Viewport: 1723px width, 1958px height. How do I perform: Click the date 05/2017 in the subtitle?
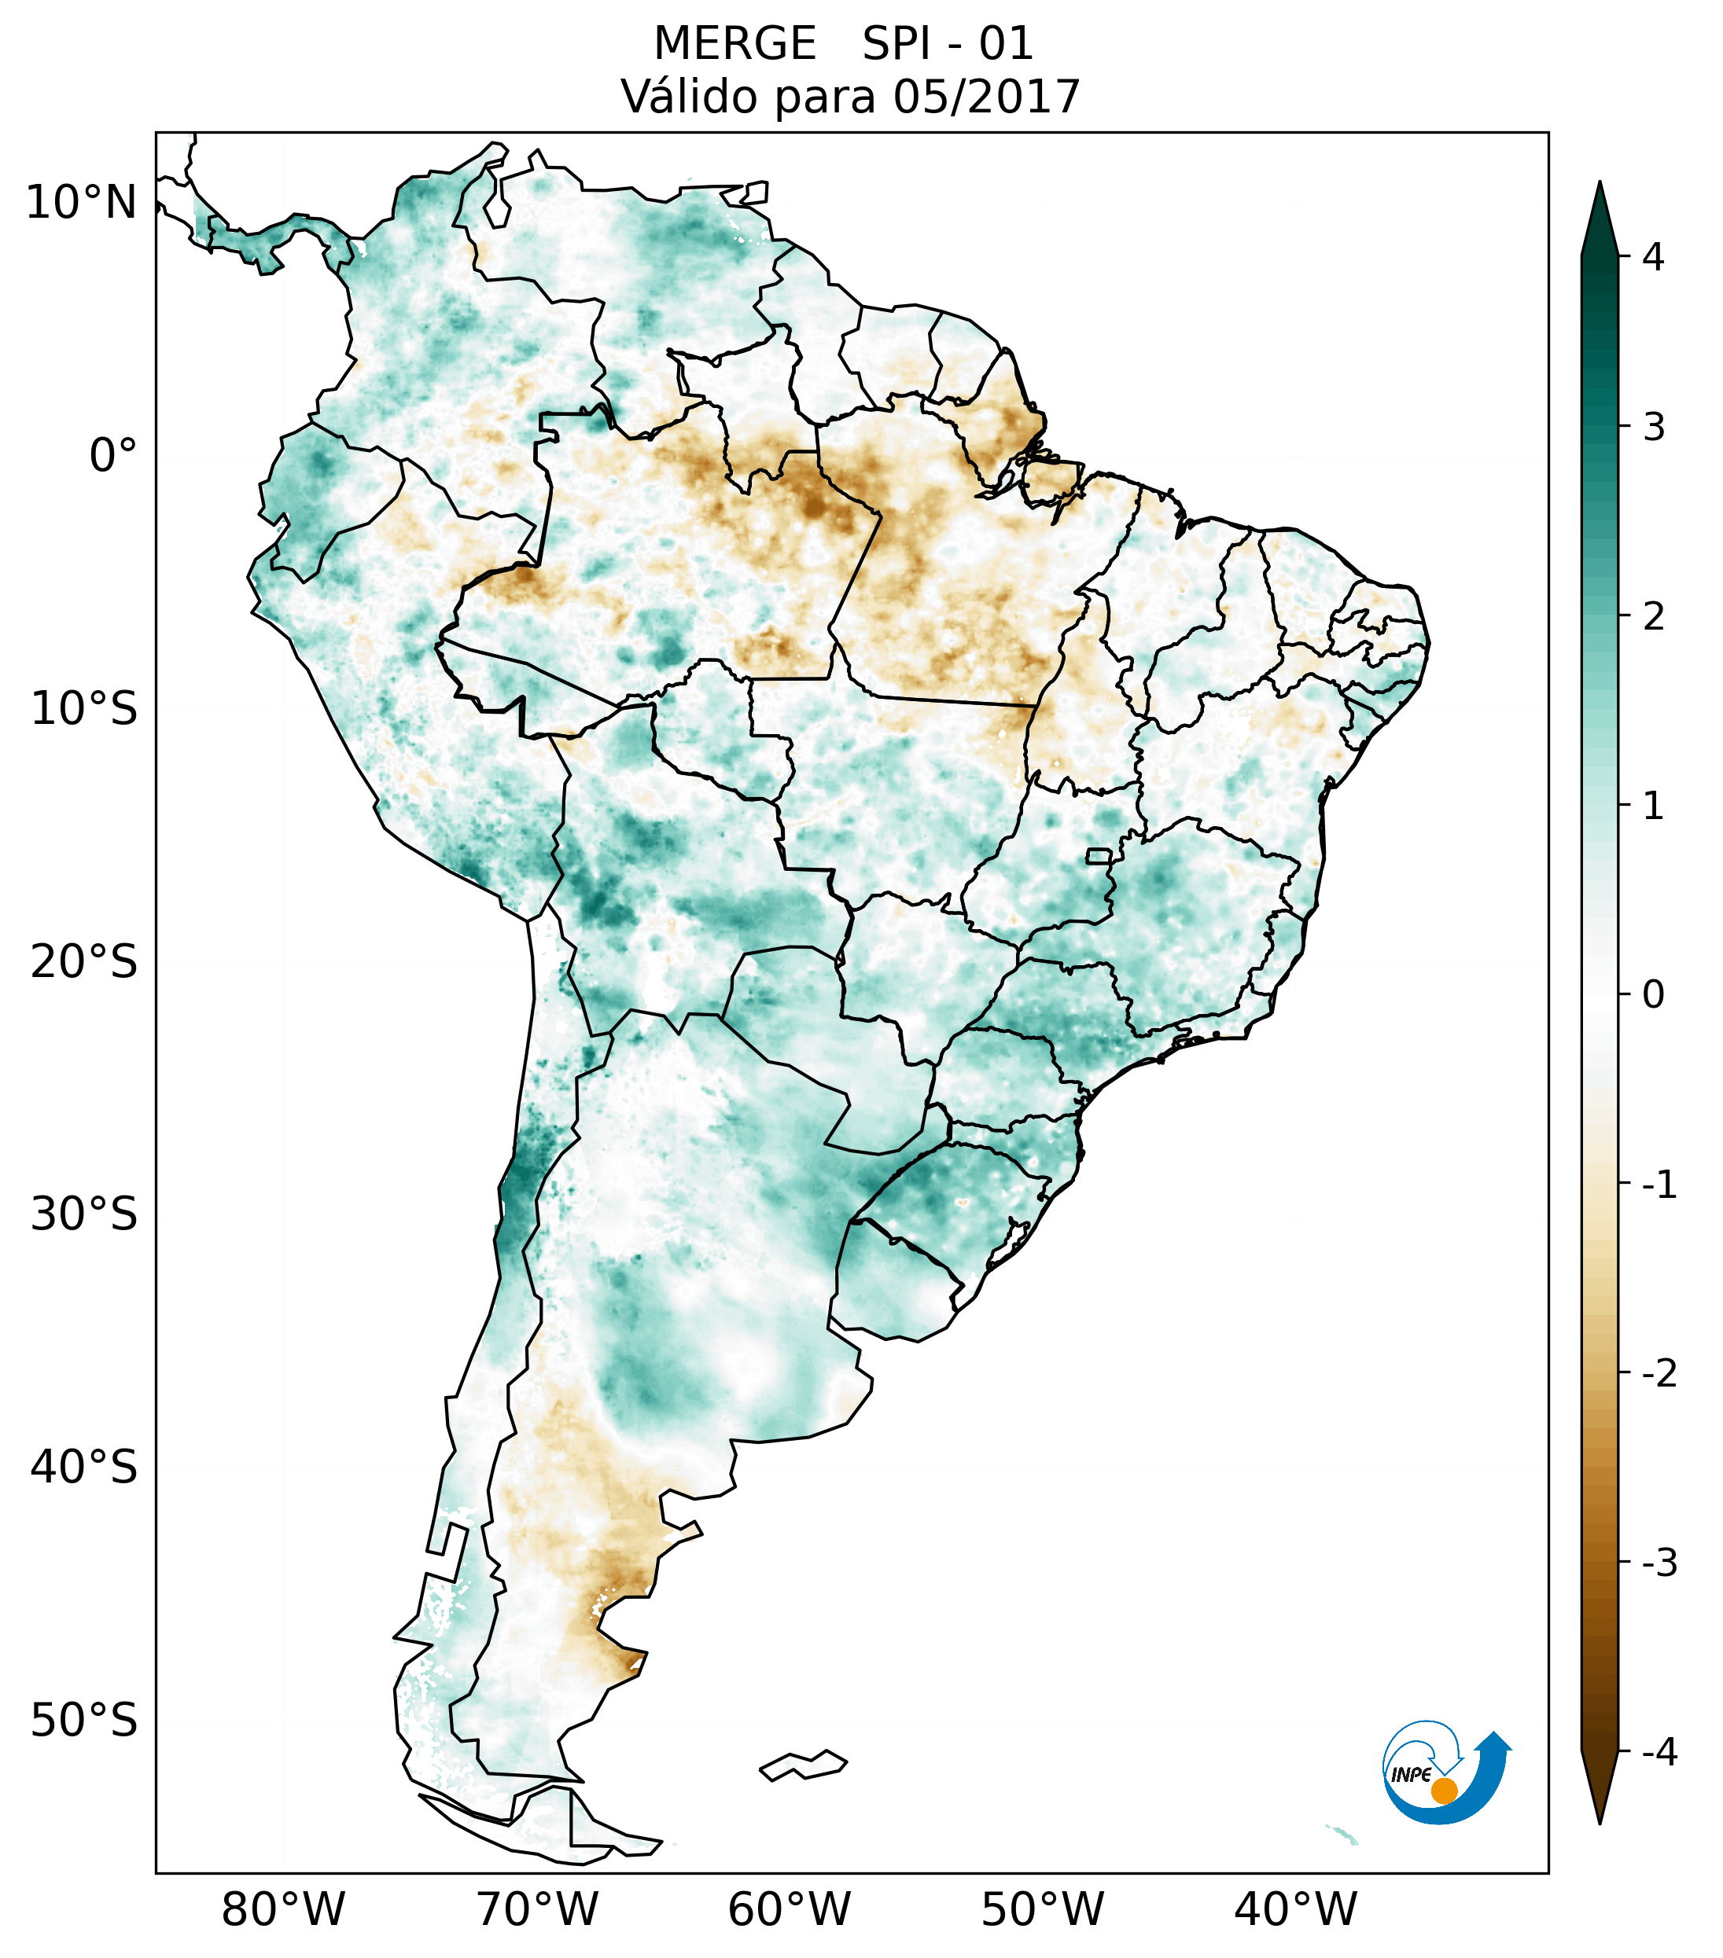pos(986,97)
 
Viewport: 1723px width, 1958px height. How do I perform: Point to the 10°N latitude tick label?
pos(82,203)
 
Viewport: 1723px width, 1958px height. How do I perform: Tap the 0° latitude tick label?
pos(113,456)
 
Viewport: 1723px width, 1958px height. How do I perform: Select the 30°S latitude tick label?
pos(84,1214)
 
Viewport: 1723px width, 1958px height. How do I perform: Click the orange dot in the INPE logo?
pos(1444,1791)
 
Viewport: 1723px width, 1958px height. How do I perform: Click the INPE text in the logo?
pos(1411,1775)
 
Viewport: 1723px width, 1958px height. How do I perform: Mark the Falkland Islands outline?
pos(803,1764)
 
